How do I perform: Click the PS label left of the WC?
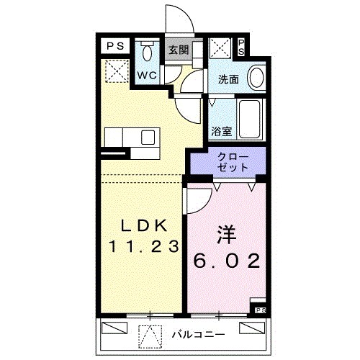tap(115, 45)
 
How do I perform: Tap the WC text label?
tap(148, 75)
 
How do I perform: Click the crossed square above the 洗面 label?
tap(220, 49)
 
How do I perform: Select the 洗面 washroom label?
tap(229, 79)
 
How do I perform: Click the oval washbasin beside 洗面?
tap(256, 76)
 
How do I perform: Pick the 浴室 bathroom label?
tap(221, 132)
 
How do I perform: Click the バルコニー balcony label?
tap(199, 334)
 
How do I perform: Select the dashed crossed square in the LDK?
tap(114, 70)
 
